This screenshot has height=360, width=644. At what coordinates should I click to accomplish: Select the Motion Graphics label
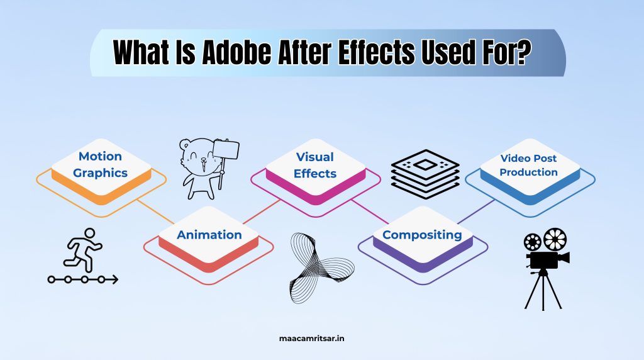[x=100, y=164]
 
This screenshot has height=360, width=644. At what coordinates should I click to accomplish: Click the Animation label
[x=209, y=235]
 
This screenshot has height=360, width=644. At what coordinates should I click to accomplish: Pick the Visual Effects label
[x=315, y=165]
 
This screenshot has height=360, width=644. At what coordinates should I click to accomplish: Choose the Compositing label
[x=422, y=235]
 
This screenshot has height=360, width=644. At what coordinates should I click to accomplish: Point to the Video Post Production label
[x=529, y=165]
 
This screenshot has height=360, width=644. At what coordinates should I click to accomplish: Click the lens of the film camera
[x=564, y=257]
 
